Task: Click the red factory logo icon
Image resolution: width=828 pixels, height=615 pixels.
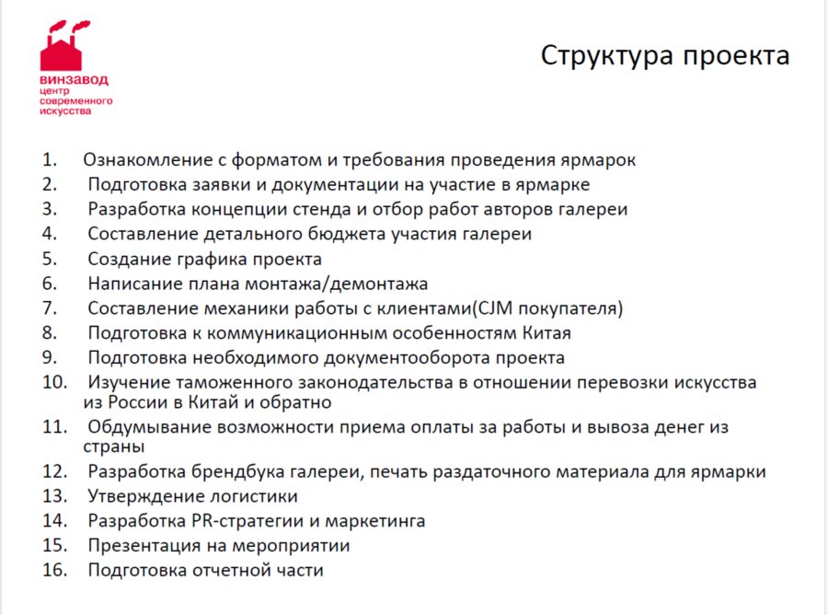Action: pos(63,46)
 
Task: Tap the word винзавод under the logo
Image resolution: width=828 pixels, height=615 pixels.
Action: pos(74,80)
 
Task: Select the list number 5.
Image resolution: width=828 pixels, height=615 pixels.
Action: pos(50,259)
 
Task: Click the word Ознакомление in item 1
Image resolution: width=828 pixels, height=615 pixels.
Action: pos(148,159)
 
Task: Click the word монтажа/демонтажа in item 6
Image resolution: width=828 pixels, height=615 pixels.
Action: pos(337,284)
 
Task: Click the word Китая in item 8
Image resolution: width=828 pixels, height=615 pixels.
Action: pos(546,333)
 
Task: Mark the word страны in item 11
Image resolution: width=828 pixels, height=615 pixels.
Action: pos(113,447)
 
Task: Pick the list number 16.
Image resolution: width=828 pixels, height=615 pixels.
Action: pos(55,570)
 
